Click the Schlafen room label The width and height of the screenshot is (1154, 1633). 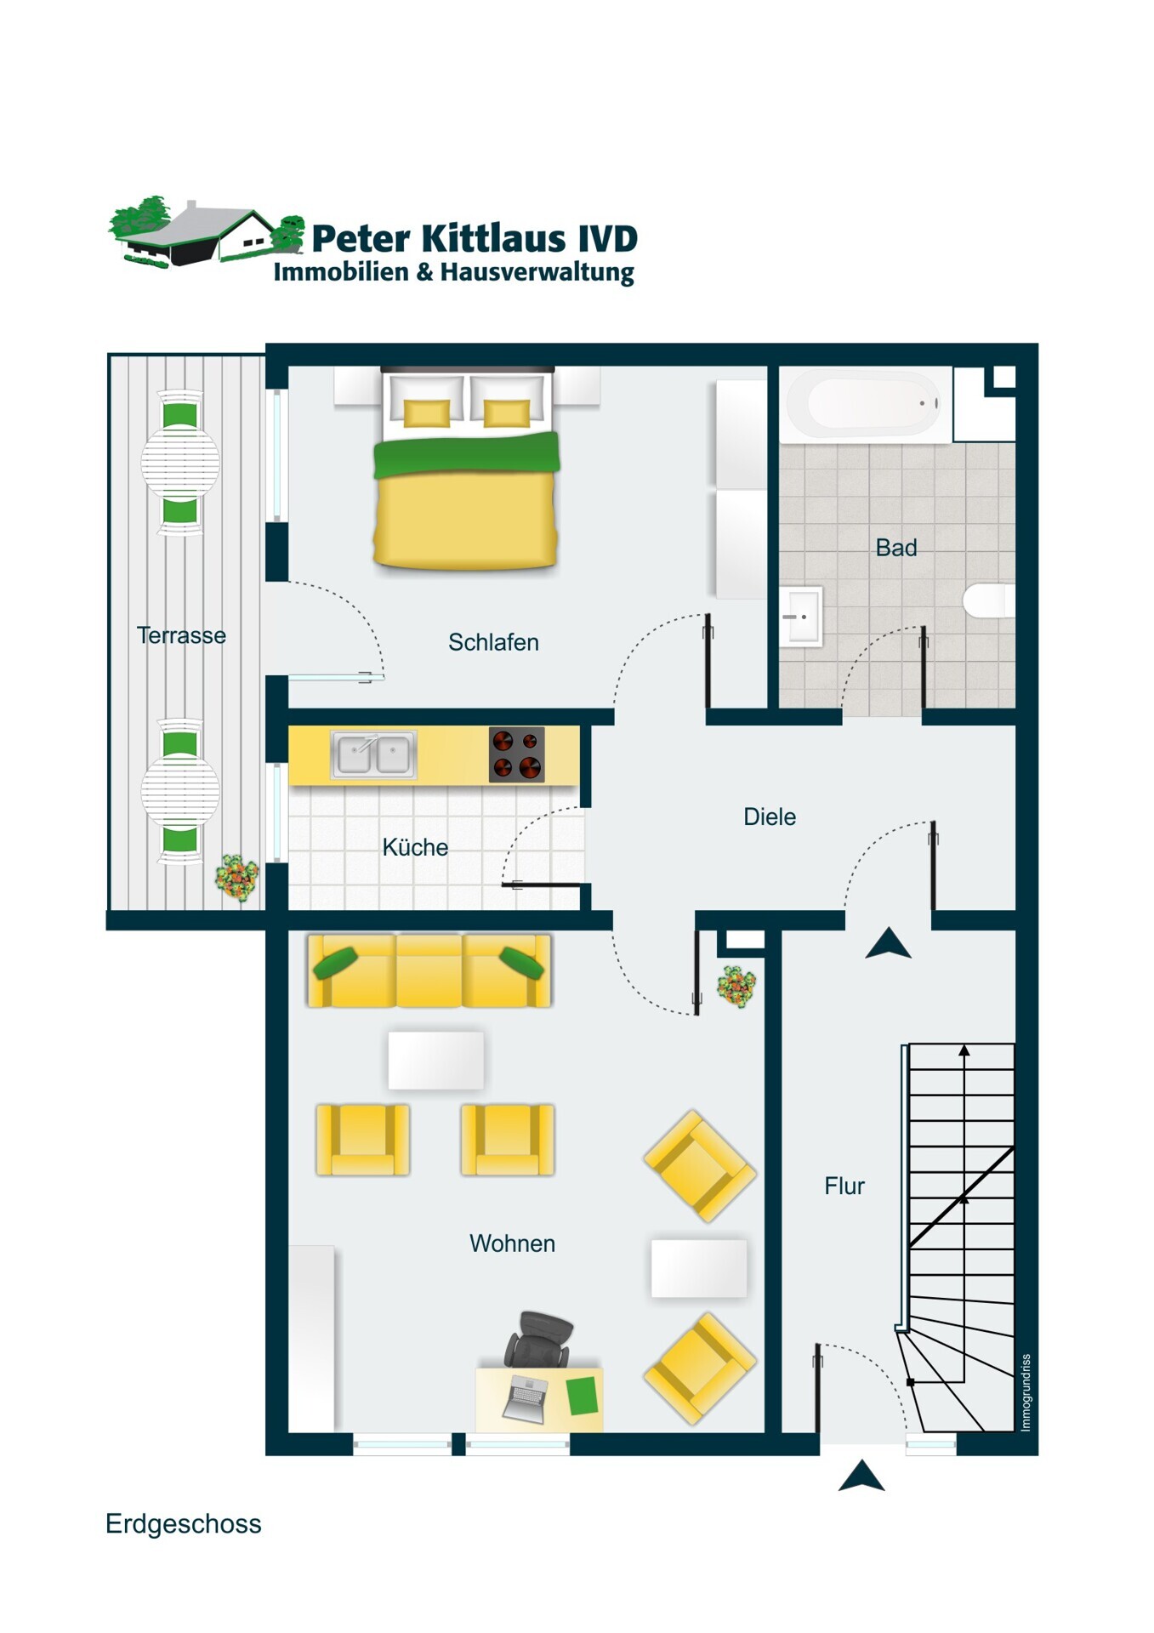[493, 642]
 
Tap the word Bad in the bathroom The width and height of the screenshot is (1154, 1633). [896, 548]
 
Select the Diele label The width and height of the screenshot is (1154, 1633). [770, 816]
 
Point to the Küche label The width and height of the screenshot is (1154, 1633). [415, 847]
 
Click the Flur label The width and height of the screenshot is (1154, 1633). [844, 1186]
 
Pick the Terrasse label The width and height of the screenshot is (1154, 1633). [181, 635]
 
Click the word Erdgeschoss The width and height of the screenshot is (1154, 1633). [184, 1523]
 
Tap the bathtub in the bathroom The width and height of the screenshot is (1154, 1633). [865, 405]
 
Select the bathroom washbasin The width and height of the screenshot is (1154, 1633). [801, 616]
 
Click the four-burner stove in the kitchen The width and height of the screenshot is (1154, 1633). [517, 754]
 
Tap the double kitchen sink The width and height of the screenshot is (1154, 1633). [373, 754]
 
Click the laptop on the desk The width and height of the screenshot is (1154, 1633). [526, 1399]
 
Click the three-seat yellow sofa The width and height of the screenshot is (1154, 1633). [429, 970]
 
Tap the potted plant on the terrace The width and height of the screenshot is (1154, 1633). [237, 877]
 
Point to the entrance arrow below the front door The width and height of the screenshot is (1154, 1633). [861, 1476]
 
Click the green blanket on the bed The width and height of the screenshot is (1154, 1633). [467, 454]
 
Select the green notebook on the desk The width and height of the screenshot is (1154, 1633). [583, 1397]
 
